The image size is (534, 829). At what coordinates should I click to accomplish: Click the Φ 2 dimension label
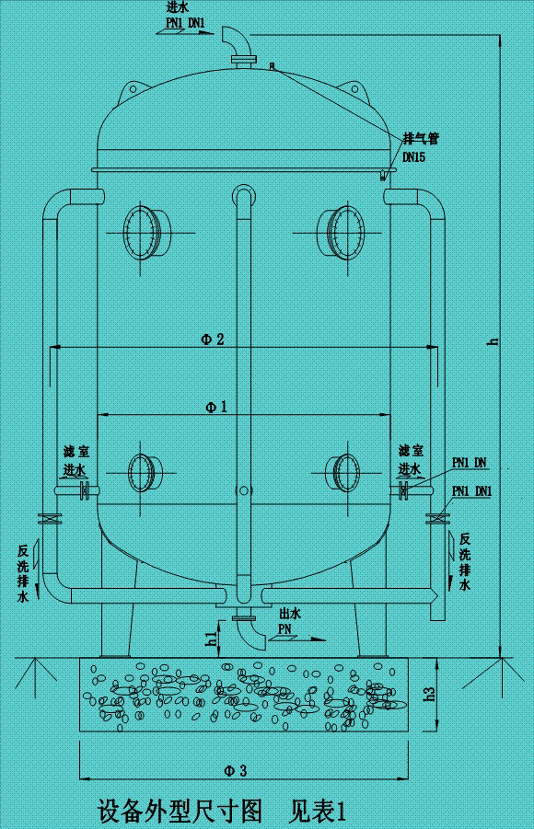point(213,339)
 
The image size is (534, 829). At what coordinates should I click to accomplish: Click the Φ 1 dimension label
point(215,406)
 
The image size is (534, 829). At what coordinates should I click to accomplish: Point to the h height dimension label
point(493,341)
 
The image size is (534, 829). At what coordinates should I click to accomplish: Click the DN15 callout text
point(413,157)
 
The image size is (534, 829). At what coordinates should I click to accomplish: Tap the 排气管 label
point(419,139)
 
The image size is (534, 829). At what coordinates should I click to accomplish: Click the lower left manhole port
point(143,473)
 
